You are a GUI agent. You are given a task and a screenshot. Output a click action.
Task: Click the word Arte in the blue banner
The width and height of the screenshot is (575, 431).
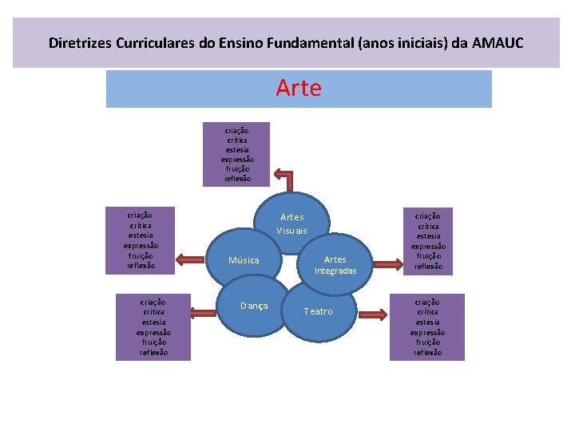coord(299,89)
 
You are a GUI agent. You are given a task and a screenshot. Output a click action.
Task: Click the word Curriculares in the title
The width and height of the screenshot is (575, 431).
coord(157,42)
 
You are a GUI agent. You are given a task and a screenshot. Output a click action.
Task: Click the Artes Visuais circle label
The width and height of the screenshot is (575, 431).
coord(291,224)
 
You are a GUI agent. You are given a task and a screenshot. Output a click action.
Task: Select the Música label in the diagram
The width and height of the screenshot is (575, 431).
coord(244,260)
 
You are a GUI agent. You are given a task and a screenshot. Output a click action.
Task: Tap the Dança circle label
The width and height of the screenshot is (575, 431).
coord(254,306)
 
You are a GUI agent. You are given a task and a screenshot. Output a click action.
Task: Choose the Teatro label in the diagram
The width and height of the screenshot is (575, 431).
coord(318,311)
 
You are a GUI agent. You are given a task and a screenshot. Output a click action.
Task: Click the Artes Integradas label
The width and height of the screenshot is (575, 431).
coord(335,265)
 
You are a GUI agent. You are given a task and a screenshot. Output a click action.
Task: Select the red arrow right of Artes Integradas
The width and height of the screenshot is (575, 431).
coord(387,261)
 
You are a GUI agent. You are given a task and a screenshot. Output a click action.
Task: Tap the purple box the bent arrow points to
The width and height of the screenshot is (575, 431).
coord(237,153)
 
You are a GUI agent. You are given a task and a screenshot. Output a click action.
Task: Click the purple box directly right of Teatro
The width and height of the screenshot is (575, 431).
coord(427,327)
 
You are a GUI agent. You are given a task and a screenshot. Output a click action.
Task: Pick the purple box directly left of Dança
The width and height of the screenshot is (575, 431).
coord(153,327)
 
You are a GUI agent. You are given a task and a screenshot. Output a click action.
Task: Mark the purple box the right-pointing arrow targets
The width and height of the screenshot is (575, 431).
coord(428,241)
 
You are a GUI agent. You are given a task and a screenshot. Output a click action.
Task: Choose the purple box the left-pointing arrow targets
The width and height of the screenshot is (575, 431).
coord(141,240)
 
